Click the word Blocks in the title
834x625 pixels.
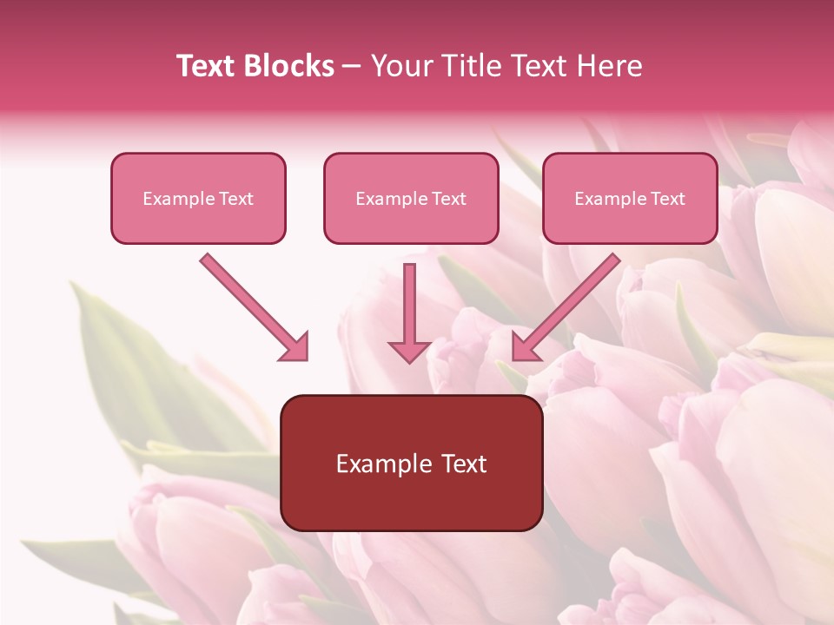[x=292, y=66]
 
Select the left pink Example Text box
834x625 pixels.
[x=198, y=198]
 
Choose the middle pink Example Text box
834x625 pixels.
[x=411, y=198]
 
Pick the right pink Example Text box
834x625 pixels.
[x=630, y=198]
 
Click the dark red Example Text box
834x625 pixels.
[x=411, y=463]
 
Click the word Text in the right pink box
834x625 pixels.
[x=667, y=199]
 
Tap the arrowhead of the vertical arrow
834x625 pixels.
[x=409, y=351]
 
